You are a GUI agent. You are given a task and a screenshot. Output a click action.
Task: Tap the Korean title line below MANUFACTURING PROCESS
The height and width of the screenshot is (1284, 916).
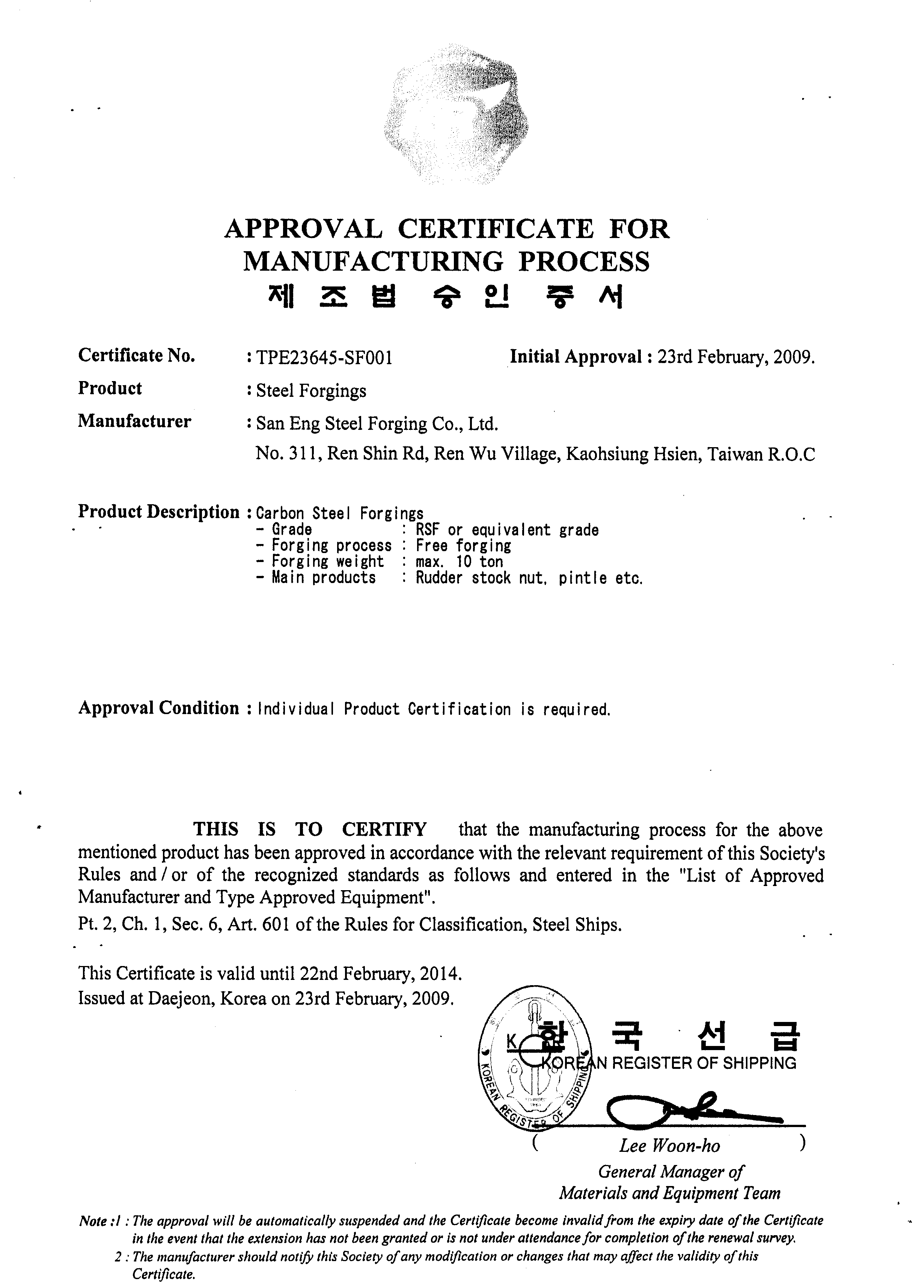446,297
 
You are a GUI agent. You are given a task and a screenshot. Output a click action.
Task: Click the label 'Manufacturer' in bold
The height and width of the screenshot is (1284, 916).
134,421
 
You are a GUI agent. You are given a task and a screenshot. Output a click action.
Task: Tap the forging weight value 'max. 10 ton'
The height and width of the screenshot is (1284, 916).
459,562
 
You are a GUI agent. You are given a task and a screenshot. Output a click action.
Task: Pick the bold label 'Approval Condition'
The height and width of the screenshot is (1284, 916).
158,708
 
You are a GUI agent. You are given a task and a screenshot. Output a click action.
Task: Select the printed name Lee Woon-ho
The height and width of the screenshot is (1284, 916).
669,1146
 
